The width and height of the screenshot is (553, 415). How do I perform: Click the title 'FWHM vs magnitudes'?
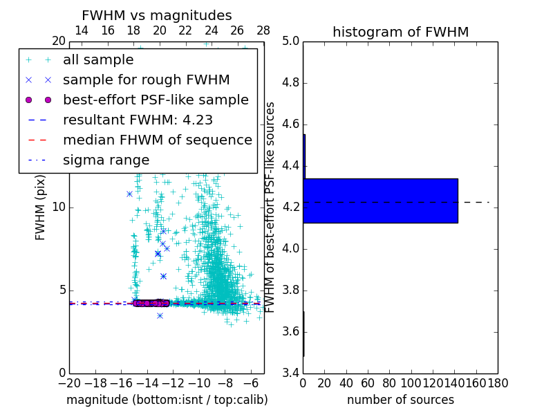(157, 15)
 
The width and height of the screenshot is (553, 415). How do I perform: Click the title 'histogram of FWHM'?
(400, 32)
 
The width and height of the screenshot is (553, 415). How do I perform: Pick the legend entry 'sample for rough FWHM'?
(146, 80)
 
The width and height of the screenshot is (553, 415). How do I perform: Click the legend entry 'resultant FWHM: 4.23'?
(138, 120)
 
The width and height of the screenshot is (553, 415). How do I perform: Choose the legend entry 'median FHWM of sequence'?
(157, 140)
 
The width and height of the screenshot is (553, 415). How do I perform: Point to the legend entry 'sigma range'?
(106, 160)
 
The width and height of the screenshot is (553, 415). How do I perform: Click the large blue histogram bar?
(380, 201)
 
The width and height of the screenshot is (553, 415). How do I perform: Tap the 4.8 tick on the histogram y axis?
(290, 83)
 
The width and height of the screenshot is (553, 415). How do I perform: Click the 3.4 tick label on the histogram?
(290, 373)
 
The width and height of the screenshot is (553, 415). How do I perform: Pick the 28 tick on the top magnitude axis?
(263, 30)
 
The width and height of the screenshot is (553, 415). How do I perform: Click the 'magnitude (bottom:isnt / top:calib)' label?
(167, 400)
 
